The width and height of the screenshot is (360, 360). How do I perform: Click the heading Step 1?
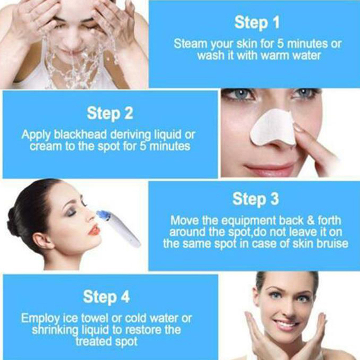[256, 23]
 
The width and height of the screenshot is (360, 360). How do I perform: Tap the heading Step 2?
[110, 113]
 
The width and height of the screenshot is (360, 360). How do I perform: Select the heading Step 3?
[256, 199]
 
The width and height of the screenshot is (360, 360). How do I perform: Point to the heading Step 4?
[106, 297]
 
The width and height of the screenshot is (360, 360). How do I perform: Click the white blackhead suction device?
[119, 229]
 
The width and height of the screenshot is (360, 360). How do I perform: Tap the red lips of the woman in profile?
[94, 230]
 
